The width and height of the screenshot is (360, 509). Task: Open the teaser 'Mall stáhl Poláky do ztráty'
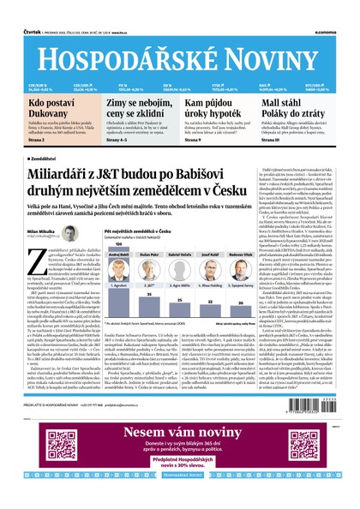pos(296,110)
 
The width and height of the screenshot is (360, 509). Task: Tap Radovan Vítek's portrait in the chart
pos(249,261)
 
